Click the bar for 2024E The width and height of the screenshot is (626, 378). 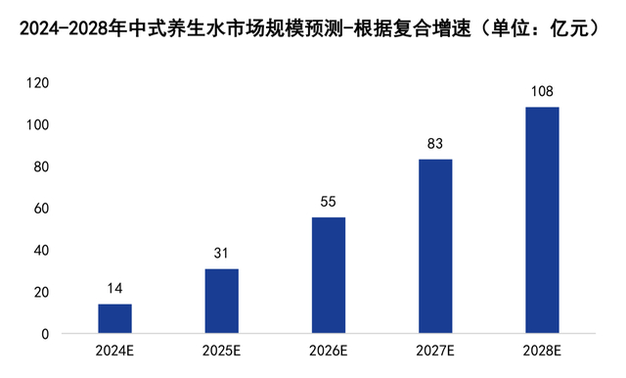114,319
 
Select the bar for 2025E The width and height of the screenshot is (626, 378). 221,302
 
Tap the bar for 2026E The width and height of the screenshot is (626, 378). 329,275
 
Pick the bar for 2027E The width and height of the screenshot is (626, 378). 435,247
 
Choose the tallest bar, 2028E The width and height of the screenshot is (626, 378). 542,220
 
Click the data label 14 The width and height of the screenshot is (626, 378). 114,289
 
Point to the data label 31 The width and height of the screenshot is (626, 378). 221,254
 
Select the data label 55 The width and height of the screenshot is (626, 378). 329,202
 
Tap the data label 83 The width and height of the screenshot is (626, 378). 435,144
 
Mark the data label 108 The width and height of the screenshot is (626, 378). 542,92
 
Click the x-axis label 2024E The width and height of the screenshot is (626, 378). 114,352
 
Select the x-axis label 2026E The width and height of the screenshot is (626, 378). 329,352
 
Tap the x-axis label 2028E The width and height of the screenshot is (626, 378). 542,352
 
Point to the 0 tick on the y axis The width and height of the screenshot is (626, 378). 44,334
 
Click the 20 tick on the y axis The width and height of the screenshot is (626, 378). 40,293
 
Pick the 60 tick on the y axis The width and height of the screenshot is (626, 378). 40,210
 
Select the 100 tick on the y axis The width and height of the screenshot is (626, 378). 37,125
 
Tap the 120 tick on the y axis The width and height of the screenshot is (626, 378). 37,84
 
